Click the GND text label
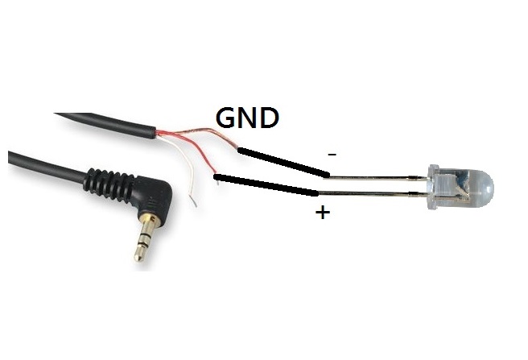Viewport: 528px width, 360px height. click(248, 118)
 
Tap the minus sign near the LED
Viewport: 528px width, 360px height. click(332, 155)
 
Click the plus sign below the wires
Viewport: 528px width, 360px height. click(323, 213)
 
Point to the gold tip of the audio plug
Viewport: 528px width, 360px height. click(138, 254)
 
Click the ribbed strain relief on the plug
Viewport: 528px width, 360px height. click(109, 185)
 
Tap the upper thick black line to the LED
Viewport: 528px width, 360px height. click(283, 163)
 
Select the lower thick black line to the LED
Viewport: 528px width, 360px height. click(266, 185)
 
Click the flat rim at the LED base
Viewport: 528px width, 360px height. click(433, 188)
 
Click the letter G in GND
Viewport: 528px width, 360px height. click(226, 118)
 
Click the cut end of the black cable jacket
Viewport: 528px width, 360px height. click(155, 133)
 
